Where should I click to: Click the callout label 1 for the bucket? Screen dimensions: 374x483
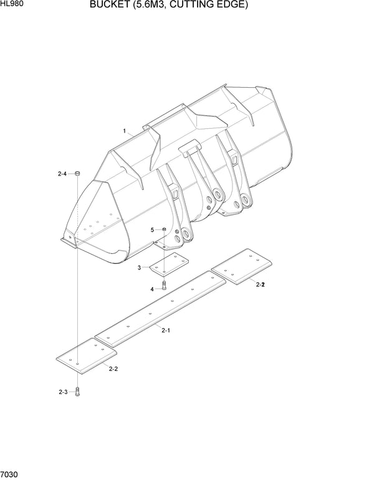125,131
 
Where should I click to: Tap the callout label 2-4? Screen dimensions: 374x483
62,174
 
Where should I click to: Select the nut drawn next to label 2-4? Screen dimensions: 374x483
77,174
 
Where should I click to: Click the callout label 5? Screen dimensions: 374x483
152,230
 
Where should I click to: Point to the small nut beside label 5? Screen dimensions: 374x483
164,229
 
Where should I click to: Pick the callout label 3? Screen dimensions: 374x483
139,268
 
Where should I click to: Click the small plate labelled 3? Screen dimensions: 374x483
169,263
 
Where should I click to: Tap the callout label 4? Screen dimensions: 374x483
152,289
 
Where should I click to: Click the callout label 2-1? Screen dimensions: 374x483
166,331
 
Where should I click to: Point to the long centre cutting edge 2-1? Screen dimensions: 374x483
160,309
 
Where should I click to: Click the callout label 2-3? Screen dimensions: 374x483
63,392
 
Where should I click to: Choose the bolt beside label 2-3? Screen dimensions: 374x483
77,392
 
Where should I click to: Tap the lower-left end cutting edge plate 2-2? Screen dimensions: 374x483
87,356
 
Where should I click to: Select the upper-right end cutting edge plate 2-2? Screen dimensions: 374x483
241,266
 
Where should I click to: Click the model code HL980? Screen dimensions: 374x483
12,4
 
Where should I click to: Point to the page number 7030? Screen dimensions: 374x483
9,474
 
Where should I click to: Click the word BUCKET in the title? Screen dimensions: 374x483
109,4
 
